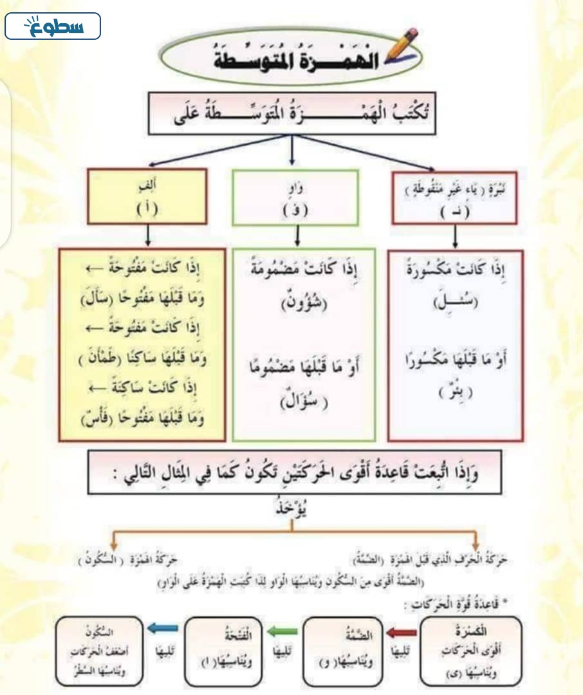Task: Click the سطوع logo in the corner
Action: [x=53, y=26]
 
